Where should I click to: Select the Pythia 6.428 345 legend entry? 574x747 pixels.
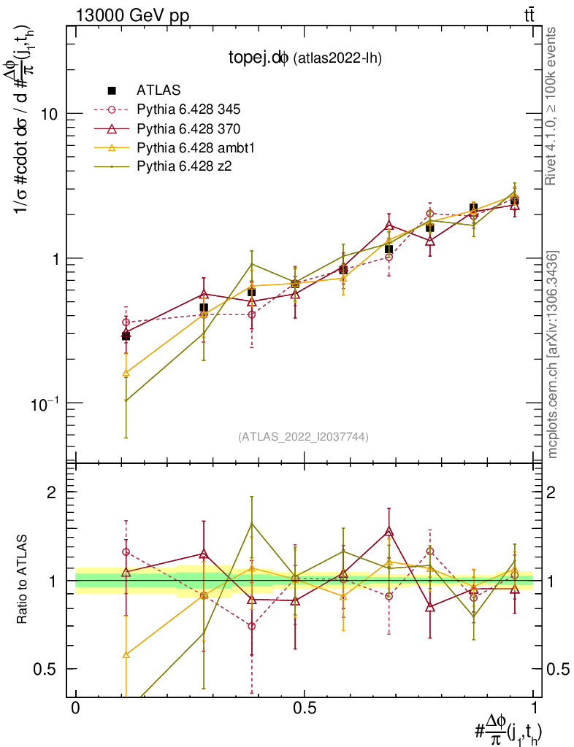pos(188,109)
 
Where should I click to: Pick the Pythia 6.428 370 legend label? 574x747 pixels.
pos(188,128)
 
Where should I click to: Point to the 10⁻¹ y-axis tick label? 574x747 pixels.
pos(42,403)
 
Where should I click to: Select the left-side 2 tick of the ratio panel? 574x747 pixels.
pos(52,492)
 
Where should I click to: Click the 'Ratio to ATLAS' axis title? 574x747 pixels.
pos(23,581)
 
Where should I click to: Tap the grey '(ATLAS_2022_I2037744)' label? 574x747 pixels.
pos(303,437)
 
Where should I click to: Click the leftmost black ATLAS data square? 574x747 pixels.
pos(126,336)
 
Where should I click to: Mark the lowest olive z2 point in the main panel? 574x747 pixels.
pos(126,400)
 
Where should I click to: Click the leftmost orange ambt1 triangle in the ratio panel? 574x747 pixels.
pos(126,654)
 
